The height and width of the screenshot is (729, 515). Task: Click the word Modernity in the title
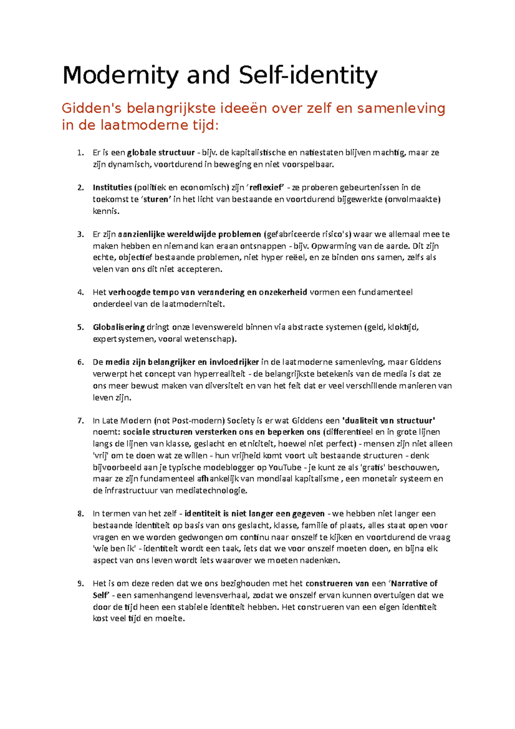coord(120,76)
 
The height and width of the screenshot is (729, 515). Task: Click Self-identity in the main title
coord(308,76)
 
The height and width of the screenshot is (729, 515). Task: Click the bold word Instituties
coord(112,188)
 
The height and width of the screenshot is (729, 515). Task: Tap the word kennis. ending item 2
coord(106,211)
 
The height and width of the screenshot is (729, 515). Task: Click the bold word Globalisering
coord(119,328)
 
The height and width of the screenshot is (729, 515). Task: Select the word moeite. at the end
coord(170,619)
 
